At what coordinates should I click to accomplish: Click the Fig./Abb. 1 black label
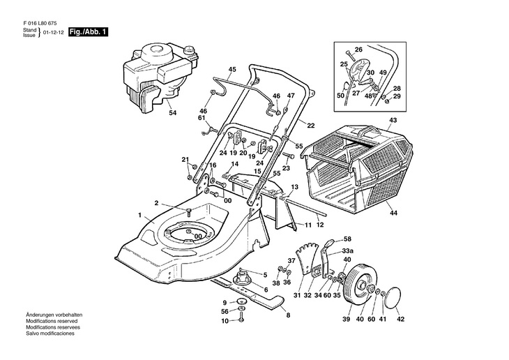89,33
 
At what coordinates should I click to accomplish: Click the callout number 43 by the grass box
393,120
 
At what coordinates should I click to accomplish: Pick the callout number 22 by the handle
311,126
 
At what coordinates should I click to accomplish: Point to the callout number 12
321,225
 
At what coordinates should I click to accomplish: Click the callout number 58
347,239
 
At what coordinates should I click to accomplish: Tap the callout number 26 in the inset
358,49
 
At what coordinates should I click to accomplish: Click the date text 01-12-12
53,33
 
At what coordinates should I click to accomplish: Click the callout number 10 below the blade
225,321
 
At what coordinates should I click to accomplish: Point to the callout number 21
185,160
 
